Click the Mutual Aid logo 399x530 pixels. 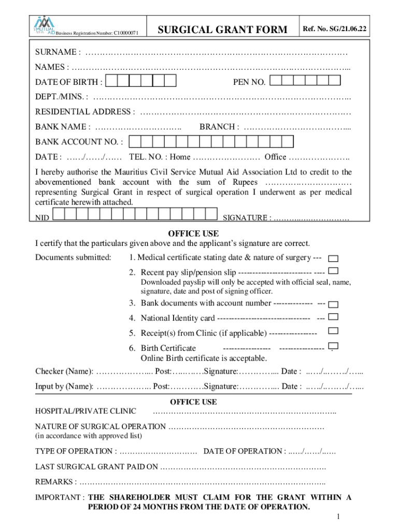[45, 25]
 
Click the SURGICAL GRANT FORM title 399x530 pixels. [222, 30]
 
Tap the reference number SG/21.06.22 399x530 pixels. [335, 30]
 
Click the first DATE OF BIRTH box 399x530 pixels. [110, 81]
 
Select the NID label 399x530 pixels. [42, 218]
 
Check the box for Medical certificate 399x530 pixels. [334, 258]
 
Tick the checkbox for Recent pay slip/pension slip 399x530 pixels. [334, 271]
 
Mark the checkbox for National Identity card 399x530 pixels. [334, 317]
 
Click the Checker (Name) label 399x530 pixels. [64, 372]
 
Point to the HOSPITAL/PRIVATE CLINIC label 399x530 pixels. [85, 411]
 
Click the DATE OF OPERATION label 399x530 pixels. [244, 451]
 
